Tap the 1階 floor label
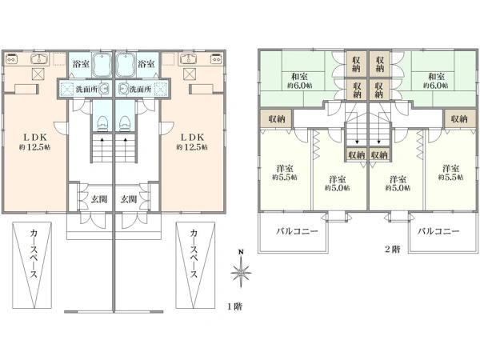(x=234, y=306)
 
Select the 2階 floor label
(x=392, y=249)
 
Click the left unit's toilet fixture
(x=102, y=123)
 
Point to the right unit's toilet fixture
(x=125, y=123)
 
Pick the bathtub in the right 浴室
(x=126, y=65)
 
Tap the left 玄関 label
(x=99, y=199)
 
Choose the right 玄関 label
(x=128, y=199)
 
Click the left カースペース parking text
(x=33, y=254)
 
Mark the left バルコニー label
(x=298, y=231)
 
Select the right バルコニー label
(x=438, y=231)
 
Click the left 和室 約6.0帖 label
(x=299, y=81)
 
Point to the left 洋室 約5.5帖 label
(x=285, y=173)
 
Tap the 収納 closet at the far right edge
(x=459, y=118)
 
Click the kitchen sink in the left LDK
(x=39, y=58)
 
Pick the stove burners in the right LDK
(x=216, y=58)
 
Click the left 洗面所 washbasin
(x=104, y=89)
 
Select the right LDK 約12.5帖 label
(x=192, y=142)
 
